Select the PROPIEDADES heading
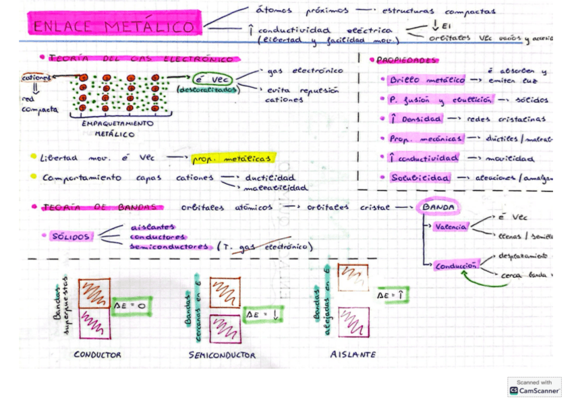[407, 61]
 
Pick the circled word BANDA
[438, 206]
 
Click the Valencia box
[450, 227]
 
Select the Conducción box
[457, 266]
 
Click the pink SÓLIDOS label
[70, 237]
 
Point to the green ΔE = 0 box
[133, 306]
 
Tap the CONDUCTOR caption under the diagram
[98, 354]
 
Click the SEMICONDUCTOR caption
[222, 355]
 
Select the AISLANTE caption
[353, 354]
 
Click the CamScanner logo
[534, 386]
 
